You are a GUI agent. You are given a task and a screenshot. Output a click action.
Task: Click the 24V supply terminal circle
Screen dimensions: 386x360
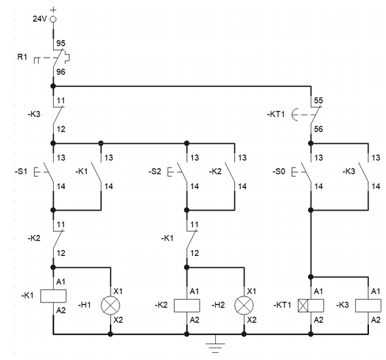53,19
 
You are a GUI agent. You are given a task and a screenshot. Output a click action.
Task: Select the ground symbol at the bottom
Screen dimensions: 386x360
215,344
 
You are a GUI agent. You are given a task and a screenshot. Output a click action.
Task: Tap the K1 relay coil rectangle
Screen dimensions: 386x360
54,296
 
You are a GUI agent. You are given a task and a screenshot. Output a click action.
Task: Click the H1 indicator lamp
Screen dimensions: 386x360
111,305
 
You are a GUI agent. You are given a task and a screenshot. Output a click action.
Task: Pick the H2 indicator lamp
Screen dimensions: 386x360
244,305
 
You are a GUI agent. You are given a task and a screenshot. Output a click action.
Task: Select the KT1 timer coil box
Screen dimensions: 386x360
311,306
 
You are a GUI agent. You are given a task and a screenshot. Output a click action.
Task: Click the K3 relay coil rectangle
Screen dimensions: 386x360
368,306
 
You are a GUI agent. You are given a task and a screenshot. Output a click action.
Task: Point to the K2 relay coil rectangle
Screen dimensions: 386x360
187,306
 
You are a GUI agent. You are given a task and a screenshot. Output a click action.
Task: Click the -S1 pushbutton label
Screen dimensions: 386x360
21,171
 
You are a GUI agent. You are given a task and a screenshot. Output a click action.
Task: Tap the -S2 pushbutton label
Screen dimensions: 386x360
155,171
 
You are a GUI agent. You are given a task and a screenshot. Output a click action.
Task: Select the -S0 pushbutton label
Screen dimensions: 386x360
279,171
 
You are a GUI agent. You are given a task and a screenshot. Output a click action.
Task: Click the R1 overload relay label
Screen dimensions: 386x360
22,57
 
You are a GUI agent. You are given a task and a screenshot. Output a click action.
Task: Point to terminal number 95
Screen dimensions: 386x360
61,43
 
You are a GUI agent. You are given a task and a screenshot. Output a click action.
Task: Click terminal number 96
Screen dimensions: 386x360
61,72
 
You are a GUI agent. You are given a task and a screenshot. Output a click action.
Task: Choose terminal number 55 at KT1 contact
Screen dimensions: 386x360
319,100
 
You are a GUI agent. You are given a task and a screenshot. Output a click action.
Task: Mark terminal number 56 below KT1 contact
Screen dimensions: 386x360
319,129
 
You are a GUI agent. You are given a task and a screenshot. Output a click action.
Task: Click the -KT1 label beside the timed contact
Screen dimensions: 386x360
276,115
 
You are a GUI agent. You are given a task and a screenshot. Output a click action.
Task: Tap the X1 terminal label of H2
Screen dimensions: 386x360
252,291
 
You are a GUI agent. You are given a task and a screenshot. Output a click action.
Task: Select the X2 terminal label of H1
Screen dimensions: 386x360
118,320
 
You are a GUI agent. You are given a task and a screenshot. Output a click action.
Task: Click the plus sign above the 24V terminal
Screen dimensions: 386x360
53,10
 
